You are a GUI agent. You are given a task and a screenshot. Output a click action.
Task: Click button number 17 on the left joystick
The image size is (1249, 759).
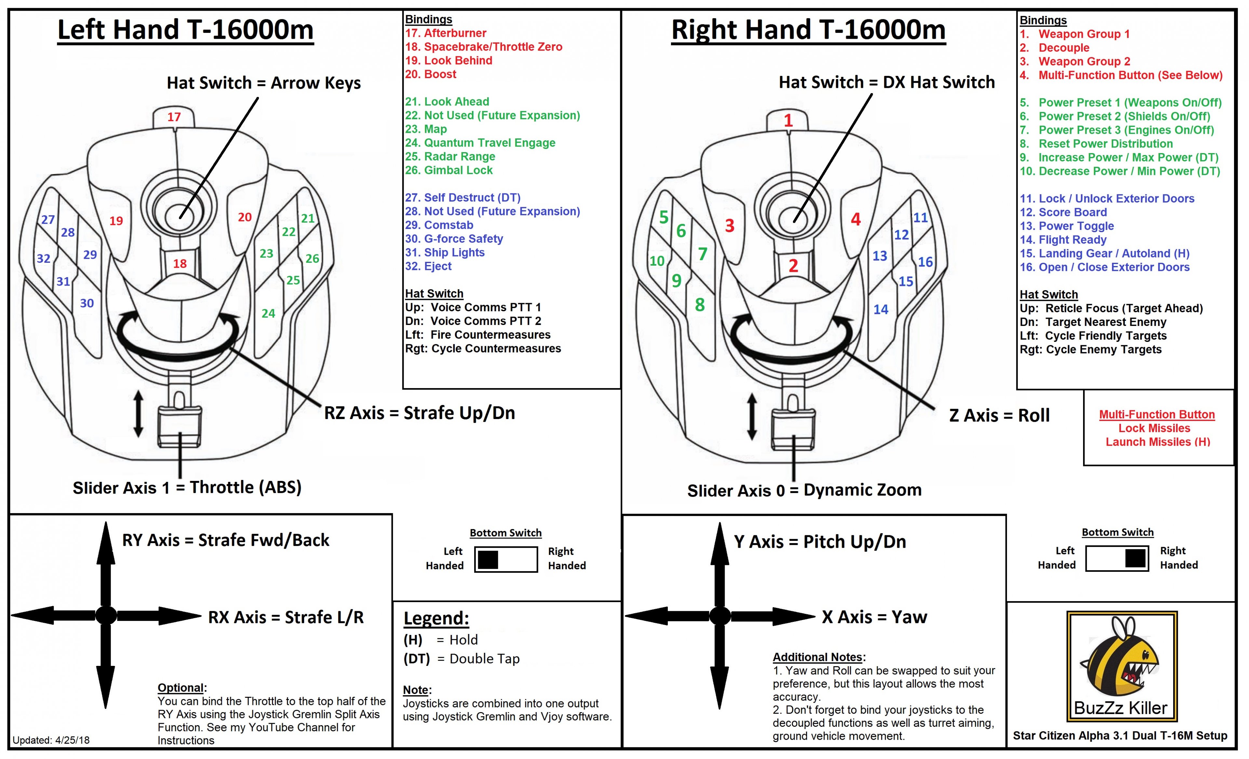click(x=174, y=117)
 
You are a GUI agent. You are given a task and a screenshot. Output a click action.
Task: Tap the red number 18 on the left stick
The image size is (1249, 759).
click(x=180, y=263)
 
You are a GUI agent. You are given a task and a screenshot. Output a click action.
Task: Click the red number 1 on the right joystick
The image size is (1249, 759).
click(x=788, y=121)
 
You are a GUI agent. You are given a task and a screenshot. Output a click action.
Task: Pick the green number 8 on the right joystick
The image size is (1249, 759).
click(x=700, y=305)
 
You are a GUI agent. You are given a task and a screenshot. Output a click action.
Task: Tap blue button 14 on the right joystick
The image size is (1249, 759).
click(x=881, y=309)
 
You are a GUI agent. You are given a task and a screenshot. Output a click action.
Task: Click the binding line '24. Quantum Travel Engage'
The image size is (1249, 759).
click(x=480, y=143)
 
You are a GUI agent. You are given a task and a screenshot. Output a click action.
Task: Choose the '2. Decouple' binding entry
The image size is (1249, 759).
click(x=1054, y=48)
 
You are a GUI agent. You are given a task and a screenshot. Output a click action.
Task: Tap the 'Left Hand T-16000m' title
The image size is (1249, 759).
click(x=185, y=29)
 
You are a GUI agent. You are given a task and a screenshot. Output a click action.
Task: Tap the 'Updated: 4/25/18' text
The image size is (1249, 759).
click(x=51, y=740)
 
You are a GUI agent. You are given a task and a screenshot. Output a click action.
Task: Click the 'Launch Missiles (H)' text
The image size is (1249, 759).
click(x=1158, y=442)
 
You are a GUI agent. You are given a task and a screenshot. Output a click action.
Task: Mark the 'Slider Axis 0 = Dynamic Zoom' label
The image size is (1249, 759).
click(x=804, y=490)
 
